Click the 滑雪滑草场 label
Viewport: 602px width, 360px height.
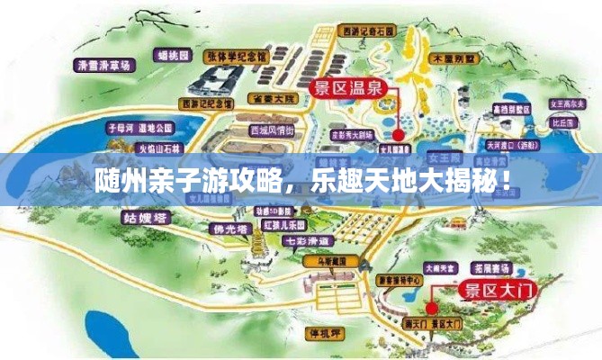pyautogui.click(x=104, y=65)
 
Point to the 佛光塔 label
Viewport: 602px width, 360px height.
pyautogui.click(x=220, y=229)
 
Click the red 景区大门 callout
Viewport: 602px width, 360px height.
pyautogui.click(x=495, y=290)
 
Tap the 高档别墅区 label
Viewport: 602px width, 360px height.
pyautogui.click(x=510, y=110)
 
